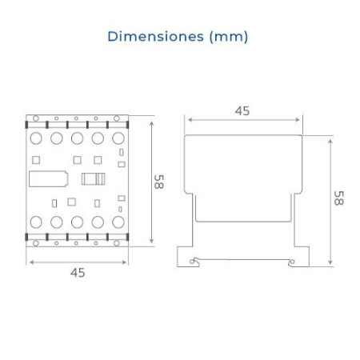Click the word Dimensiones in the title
(x=156, y=36)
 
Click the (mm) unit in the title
(x=229, y=37)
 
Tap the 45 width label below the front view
(x=78, y=273)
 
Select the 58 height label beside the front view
(x=159, y=182)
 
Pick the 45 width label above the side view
(x=242, y=111)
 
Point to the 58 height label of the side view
(x=338, y=198)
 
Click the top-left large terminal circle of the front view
(x=36, y=138)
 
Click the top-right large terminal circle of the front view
(x=118, y=138)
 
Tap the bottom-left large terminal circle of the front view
(x=36, y=222)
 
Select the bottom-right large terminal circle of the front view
(x=118, y=222)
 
